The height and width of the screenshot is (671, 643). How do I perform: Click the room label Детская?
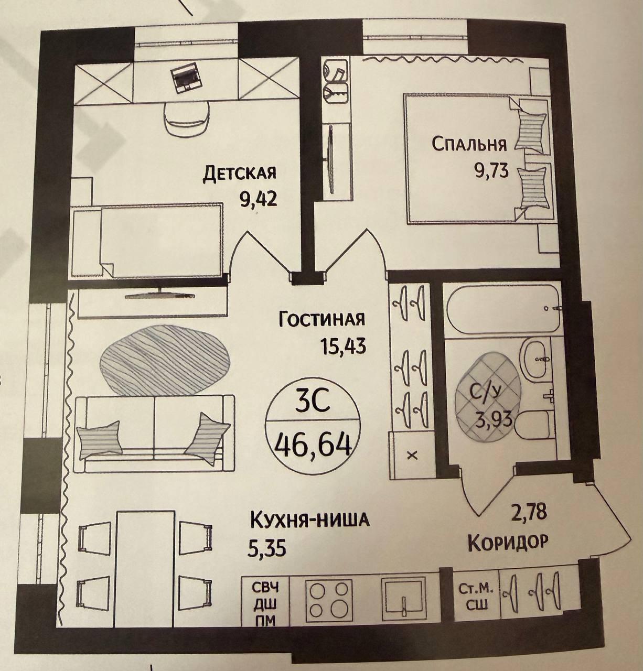pos(240,173)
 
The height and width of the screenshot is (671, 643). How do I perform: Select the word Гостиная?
pos(321,319)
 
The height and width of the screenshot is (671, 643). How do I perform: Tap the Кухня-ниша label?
pos(310,520)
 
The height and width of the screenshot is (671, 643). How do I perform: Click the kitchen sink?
pos(403,599)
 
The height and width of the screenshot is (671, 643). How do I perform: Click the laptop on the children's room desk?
pos(186,77)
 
